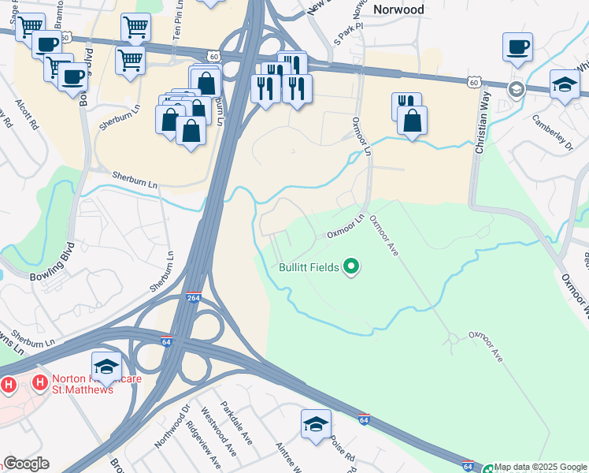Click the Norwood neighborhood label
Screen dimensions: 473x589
pyautogui.click(x=398, y=9)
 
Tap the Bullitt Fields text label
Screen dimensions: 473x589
pyautogui.click(x=309, y=267)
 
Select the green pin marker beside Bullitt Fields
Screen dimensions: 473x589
pyautogui.click(x=352, y=268)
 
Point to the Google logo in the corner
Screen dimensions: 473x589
pyautogui.click(x=26, y=464)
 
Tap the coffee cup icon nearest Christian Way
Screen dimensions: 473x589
pyautogui.click(x=517, y=47)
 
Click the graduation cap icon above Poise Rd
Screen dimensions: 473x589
pyautogui.click(x=316, y=424)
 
